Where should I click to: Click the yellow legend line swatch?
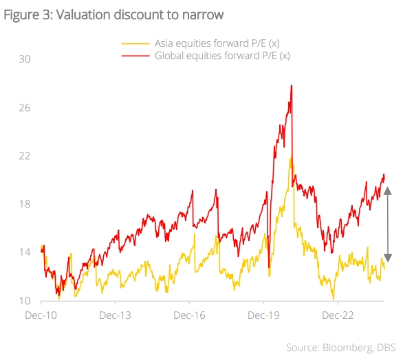[x=136, y=43]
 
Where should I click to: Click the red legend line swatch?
[x=136, y=56]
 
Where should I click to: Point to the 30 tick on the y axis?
[x=25, y=59]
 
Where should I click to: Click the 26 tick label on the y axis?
[x=25, y=108]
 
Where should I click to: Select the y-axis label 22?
[x=25, y=156]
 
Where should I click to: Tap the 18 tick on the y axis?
[x=25, y=204]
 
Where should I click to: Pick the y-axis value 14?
[x=25, y=252]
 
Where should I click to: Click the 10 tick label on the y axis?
[x=25, y=301]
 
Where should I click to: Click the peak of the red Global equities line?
[x=292, y=86]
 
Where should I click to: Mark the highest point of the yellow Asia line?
[x=291, y=158]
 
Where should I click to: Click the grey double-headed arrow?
[x=387, y=225]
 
